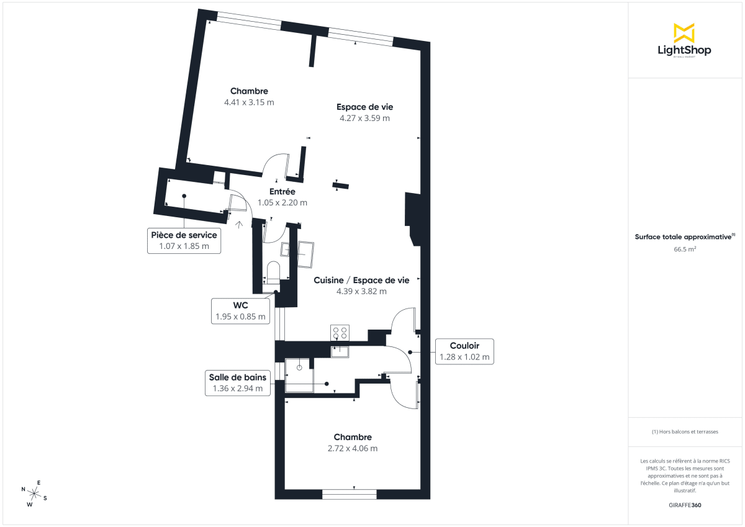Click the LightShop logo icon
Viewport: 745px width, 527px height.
(x=684, y=33)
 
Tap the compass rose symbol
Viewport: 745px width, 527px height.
(x=35, y=494)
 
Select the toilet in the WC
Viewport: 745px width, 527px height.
(x=273, y=272)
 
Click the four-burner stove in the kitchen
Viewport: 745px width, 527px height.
(x=340, y=333)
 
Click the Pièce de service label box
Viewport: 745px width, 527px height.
(x=184, y=240)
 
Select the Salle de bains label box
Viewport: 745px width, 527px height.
(x=237, y=383)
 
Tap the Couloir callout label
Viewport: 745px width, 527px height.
(x=464, y=351)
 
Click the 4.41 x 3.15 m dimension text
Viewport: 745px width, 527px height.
(x=249, y=102)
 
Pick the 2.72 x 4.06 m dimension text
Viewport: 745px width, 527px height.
(x=353, y=448)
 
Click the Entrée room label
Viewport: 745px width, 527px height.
(x=282, y=191)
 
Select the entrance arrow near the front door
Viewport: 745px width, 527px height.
(x=240, y=223)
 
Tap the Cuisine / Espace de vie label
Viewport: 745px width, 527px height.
(x=361, y=280)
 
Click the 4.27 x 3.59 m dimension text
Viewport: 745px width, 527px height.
(x=364, y=118)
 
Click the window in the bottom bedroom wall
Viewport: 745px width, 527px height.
(x=350, y=494)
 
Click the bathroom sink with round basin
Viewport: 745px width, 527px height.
(x=299, y=367)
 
